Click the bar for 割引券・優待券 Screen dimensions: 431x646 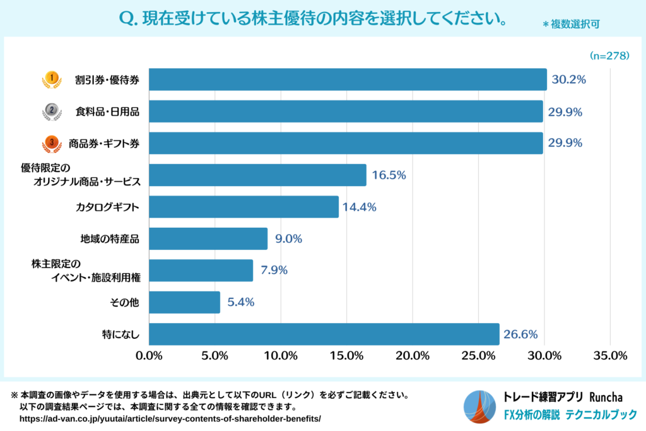click(x=348, y=80)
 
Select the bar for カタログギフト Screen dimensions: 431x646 click(x=244, y=207)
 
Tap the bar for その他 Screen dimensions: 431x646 click(x=184, y=302)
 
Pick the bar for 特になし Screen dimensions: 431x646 click(x=324, y=334)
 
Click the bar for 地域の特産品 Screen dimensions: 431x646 click(x=208, y=239)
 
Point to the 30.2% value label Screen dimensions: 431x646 click(x=569, y=80)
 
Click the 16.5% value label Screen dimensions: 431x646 click(x=389, y=175)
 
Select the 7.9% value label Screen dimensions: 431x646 click(x=275, y=271)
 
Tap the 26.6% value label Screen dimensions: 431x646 click(x=520, y=334)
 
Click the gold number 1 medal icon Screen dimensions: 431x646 click(x=52, y=80)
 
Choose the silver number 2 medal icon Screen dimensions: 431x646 click(x=52, y=112)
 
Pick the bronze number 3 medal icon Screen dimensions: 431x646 click(x=52, y=144)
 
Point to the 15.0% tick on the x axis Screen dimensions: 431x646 click(x=346, y=356)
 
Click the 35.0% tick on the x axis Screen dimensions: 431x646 click(x=609, y=356)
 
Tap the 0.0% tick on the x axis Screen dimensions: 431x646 click(x=150, y=356)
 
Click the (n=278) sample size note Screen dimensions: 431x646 click(x=609, y=56)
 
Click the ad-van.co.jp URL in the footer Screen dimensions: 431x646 click(x=170, y=419)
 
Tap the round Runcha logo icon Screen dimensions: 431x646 click(x=479, y=407)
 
